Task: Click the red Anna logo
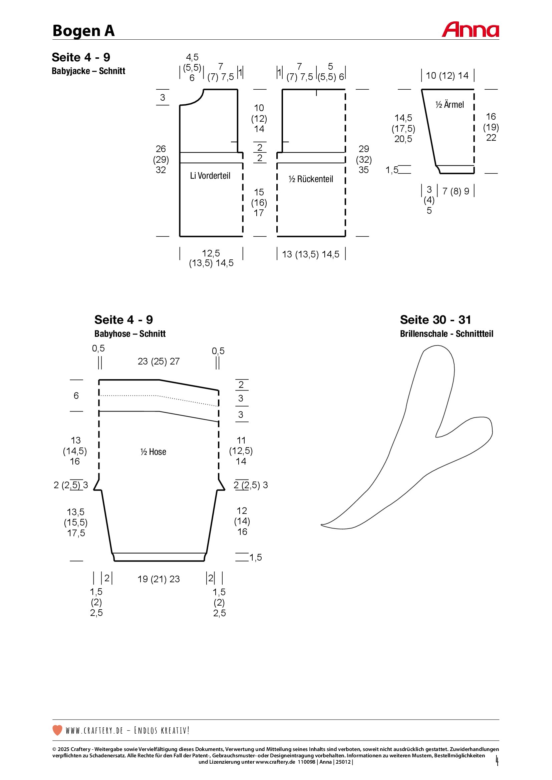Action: (471, 30)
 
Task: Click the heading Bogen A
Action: (84, 31)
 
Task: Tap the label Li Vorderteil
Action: (210, 176)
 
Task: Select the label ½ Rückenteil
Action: (311, 179)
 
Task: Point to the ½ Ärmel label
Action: (449, 104)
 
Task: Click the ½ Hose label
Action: (153, 452)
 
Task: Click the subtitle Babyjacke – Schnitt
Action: (88, 71)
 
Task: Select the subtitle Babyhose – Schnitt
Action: (130, 333)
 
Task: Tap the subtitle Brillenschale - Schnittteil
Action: (446, 333)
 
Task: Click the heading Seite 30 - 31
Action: (436, 320)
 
